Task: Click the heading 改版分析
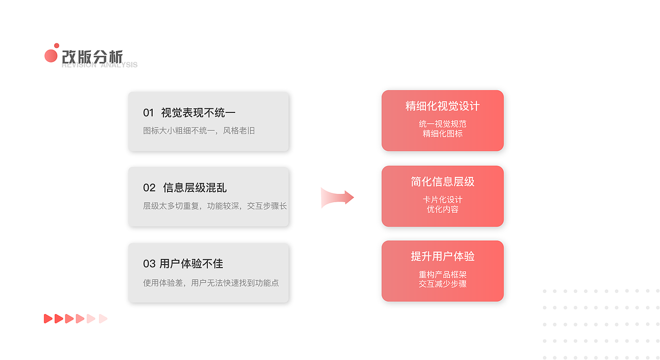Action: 92,56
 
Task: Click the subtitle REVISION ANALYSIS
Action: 100,65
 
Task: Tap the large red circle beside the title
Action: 51,56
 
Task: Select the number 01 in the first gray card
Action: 148,113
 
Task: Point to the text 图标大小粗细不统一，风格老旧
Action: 199,130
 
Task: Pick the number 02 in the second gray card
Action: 149,188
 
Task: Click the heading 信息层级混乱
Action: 195,188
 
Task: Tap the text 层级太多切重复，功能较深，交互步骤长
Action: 215,206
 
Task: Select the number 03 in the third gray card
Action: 149,264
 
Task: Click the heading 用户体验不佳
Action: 191,264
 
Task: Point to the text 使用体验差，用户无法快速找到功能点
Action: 211,283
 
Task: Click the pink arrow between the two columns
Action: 338,198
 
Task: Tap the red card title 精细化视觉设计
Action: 442,106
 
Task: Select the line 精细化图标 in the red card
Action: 442,134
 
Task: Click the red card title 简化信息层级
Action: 442,182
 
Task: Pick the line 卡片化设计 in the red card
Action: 442,200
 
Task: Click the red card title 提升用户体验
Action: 442,256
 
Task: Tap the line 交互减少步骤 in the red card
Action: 442,284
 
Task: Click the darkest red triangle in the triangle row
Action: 48,319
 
